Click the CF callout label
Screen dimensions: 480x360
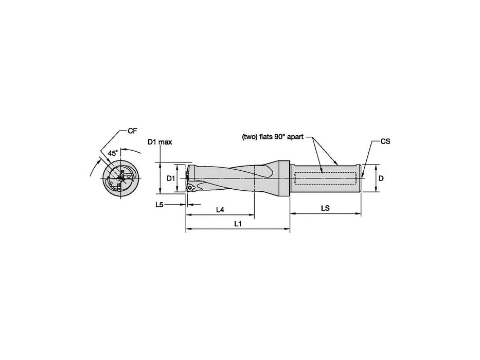coord(132,131)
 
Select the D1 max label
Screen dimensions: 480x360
coord(160,142)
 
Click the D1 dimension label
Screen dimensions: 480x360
coord(170,178)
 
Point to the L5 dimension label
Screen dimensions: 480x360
coord(159,205)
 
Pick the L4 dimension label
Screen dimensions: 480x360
coord(220,210)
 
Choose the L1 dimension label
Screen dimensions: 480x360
coord(238,224)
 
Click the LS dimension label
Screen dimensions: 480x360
coord(326,208)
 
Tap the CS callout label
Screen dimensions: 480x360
coord(385,141)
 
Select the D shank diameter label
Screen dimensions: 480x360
coord(381,178)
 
